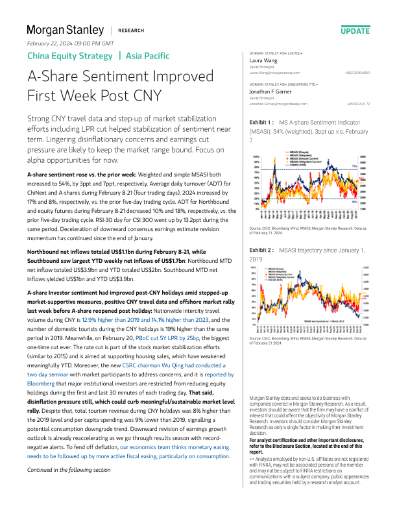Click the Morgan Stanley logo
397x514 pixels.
coord(65,30)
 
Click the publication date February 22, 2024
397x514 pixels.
coord(69,43)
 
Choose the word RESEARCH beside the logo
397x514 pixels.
coord(131,31)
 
